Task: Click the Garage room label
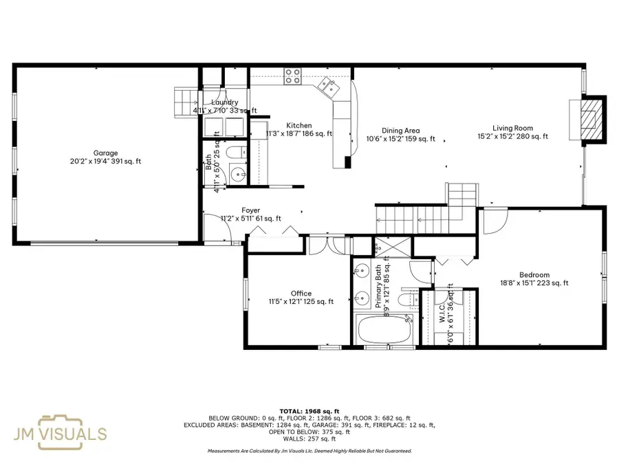(x=106, y=153)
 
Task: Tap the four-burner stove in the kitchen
(x=292, y=75)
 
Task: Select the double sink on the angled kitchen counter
(x=327, y=86)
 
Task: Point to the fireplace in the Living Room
(x=589, y=119)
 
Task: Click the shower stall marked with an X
(x=380, y=245)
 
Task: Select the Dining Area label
(x=401, y=130)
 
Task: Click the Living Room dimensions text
(x=512, y=136)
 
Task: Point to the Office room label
(x=301, y=294)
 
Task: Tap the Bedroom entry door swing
(x=493, y=221)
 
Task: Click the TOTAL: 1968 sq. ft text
(x=309, y=410)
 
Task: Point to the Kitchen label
(x=299, y=125)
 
